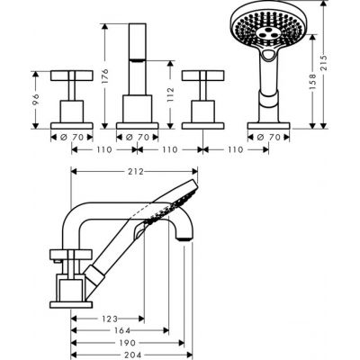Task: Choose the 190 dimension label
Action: pos(126,343)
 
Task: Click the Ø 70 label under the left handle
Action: pos(58,137)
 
